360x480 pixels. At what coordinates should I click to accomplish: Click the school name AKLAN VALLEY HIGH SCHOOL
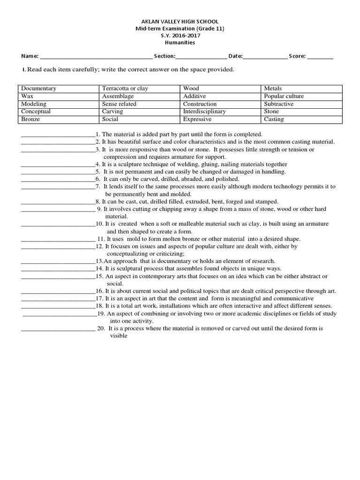(180, 22)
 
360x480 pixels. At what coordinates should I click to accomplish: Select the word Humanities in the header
(180, 43)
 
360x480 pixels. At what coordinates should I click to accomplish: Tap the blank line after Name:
(96, 56)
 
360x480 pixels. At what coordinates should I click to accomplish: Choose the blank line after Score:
(320, 56)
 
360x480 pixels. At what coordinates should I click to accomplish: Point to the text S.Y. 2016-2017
(180, 36)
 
